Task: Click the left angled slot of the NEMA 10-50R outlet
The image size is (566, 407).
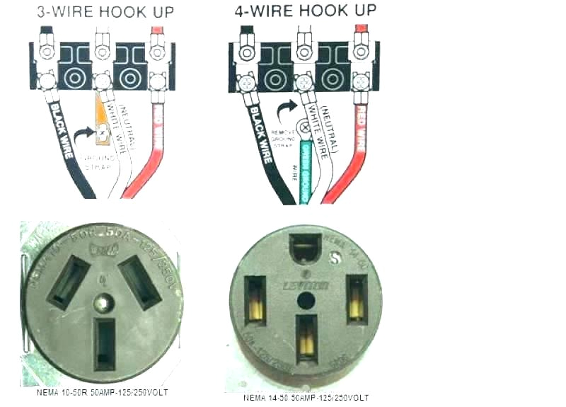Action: tap(68, 280)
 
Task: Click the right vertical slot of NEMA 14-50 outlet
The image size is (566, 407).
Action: tap(357, 297)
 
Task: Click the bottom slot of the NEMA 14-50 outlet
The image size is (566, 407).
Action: tap(306, 338)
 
